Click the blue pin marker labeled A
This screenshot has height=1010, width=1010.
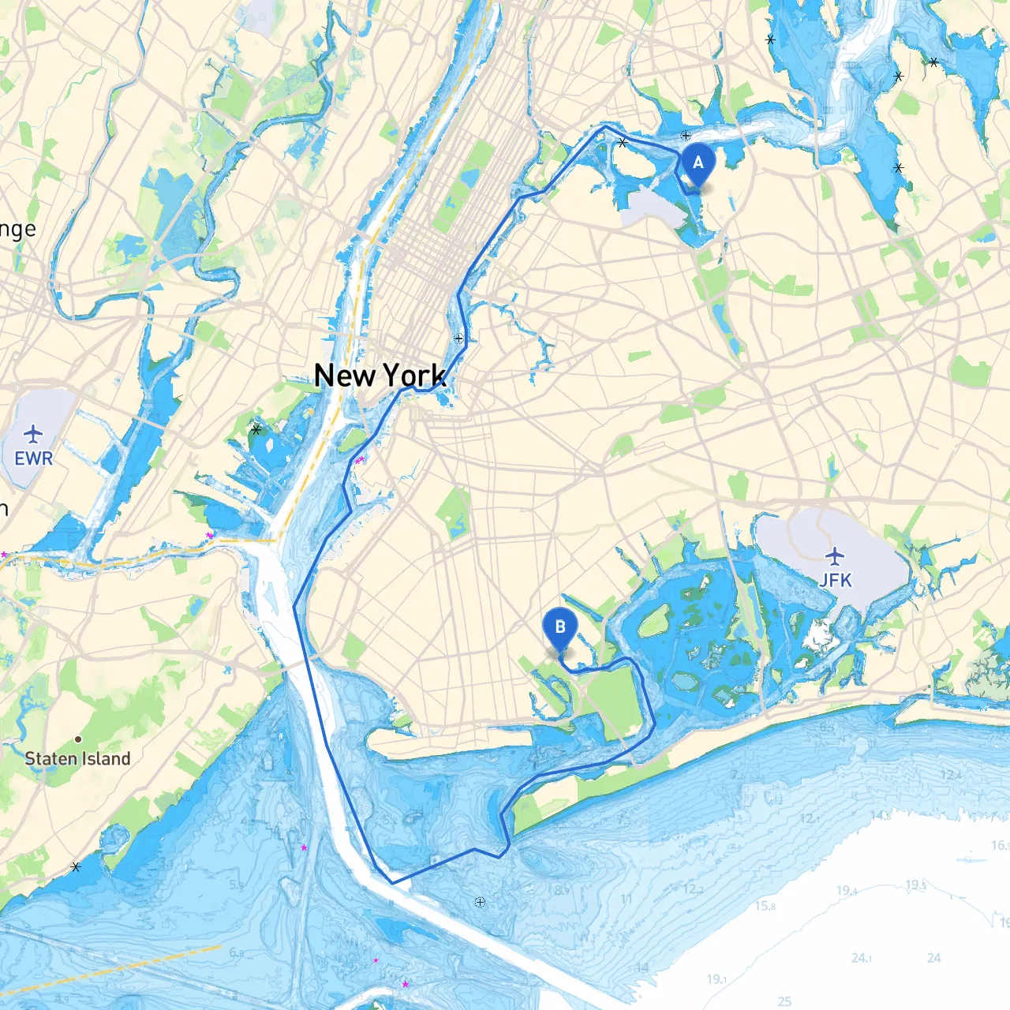(698, 164)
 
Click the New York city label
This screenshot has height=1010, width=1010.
(380, 376)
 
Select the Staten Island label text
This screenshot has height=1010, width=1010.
(77, 759)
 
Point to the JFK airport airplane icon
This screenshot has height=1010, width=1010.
(835, 556)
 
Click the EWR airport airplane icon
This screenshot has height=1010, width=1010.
(33, 435)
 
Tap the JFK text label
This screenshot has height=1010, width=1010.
(835, 581)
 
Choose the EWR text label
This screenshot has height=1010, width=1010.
(33, 458)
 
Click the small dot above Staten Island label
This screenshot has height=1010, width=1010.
(78, 739)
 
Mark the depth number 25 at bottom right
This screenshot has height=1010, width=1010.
(784, 1001)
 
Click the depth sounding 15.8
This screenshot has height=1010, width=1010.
(765, 906)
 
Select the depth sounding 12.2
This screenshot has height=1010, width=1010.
(693, 889)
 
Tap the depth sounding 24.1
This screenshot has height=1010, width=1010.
(862, 958)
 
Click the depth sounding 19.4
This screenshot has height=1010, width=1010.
(846, 891)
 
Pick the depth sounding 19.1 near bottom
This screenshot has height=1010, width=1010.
(716, 979)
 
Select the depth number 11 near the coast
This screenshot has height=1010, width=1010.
(627, 899)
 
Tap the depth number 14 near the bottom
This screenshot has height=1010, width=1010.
(642, 967)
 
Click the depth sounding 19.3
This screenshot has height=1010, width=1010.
(915, 885)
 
